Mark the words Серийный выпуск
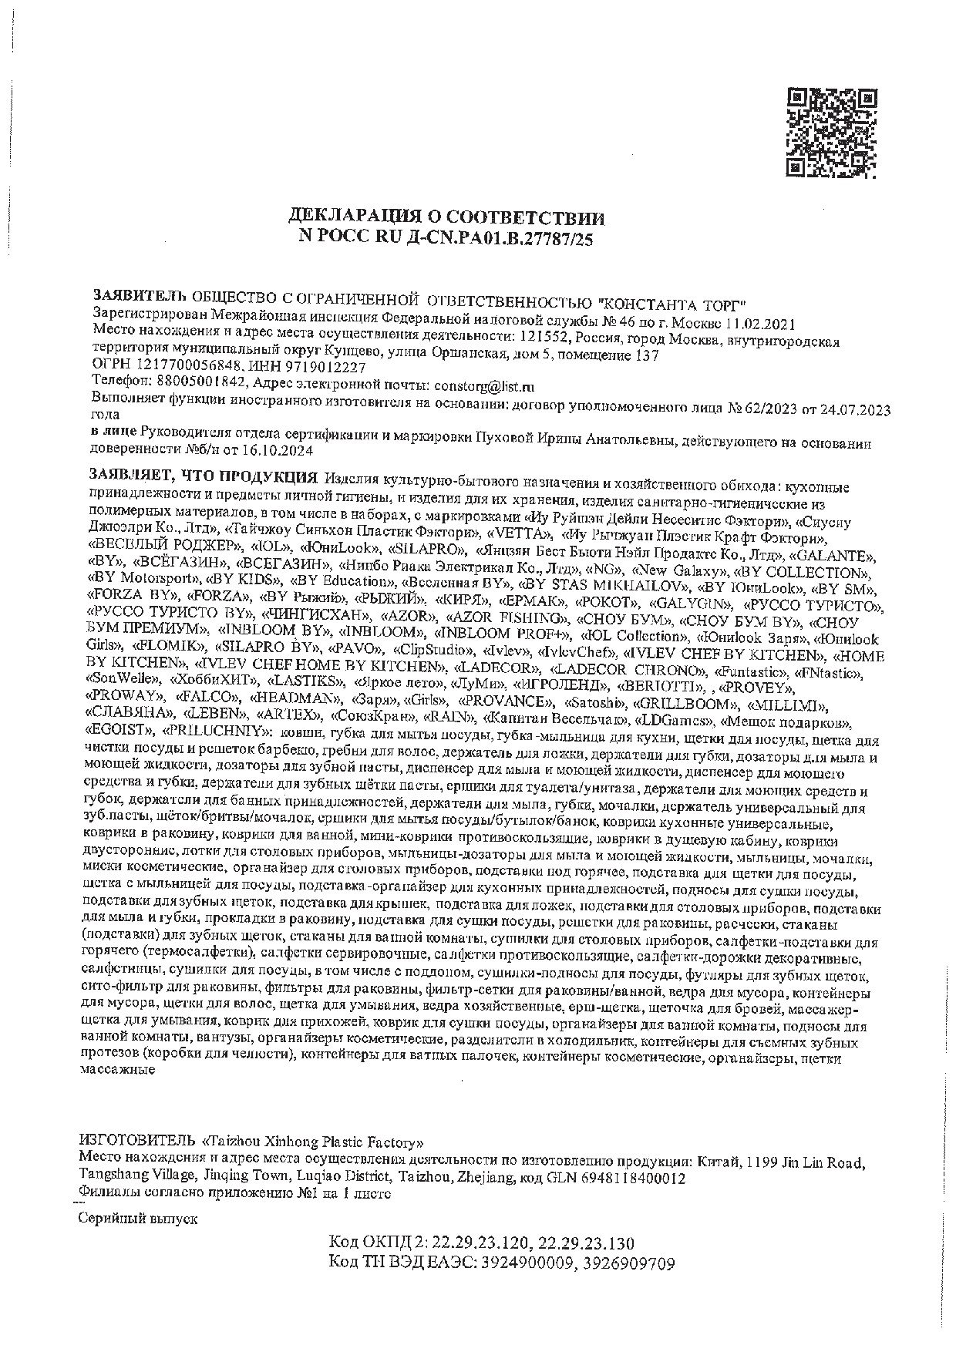tap(139, 1219)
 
